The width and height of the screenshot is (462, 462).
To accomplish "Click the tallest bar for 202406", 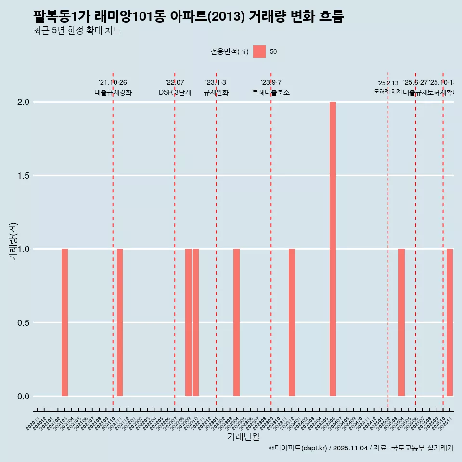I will pyautogui.click(x=333, y=249).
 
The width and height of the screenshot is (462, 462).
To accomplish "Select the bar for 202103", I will pyautogui.click(x=64, y=322).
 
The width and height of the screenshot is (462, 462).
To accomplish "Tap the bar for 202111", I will pyautogui.click(x=120, y=322).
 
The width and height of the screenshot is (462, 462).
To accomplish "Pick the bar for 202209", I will pyautogui.click(x=189, y=322).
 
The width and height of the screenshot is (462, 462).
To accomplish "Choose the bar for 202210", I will pyautogui.click(x=195, y=322).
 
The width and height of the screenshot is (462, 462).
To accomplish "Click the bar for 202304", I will pyautogui.click(x=236, y=322).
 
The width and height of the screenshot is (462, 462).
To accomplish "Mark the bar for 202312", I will pyautogui.click(x=292, y=322).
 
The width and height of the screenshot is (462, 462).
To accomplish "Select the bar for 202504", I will pyautogui.click(x=401, y=322).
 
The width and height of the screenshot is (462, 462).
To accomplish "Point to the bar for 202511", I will pyautogui.click(x=449, y=322).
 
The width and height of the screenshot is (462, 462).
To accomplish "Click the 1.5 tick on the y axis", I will pyautogui.click(x=23, y=176).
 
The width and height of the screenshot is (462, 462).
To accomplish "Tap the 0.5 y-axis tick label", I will pyautogui.click(x=23, y=323).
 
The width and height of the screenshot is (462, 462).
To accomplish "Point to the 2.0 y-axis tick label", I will pyautogui.click(x=23, y=102).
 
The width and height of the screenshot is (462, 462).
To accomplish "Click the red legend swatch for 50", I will pyautogui.click(x=259, y=51).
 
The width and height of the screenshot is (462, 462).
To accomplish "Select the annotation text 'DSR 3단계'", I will pyautogui.click(x=175, y=93).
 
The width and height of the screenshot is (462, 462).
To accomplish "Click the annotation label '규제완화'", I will pyautogui.click(x=216, y=93).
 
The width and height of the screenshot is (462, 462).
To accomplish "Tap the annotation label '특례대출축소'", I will pyautogui.click(x=271, y=93).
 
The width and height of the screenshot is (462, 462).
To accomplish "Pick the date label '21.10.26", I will pyautogui.click(x=113, y=83).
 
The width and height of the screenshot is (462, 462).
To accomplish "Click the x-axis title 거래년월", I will pyautogui.click(x=243, y=437).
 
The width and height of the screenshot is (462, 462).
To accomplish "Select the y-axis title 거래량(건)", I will pyautogui.click(x=13, y=241).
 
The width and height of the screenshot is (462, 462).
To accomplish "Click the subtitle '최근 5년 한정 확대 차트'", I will pyautogui.click(x=77, y=31).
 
